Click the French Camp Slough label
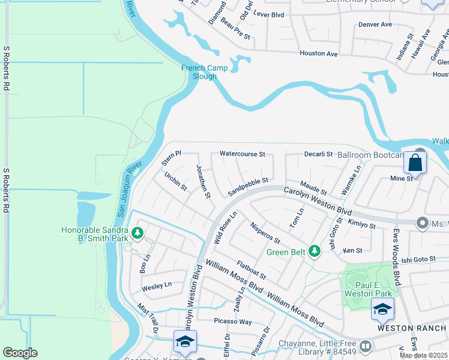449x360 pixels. [x=205, y=72]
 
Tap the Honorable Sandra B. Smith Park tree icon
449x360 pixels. [x=137, y=232]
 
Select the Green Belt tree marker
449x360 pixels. [x=313, y=251]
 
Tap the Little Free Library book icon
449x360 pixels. [x=364, y=347]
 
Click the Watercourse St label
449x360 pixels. [x=242, y=154]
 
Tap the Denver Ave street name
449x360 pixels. [x=375, y=25]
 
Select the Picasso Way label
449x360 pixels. [x=233, y=321]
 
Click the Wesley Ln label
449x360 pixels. [x=157, y=286]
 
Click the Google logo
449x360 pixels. [x=20, y=353]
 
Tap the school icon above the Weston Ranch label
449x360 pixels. [x=382, y=308]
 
